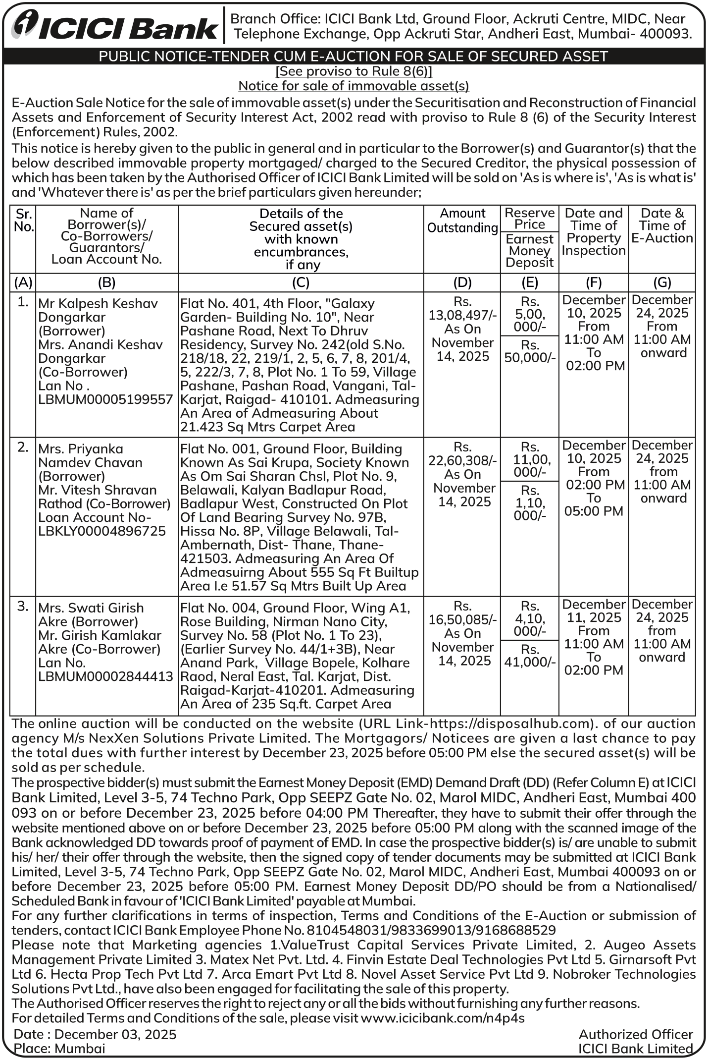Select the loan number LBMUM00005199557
(x=106, y=399)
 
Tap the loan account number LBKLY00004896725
(x=102, y=531)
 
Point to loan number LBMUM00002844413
(x=106, y=676)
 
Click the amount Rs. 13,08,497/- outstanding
(x=462, y=315)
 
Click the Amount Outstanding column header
(x=462, y=221)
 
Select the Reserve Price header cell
(x=530, y=219)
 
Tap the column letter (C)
(x=301, y=282)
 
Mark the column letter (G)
(x=662, y=282)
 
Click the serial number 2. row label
(x=23, y=447)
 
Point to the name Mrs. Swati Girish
(x=91, y=608)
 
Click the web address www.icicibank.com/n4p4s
(x=443, y=1018)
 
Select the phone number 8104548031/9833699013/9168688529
(x=431, y=930)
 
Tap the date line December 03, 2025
(x=115, y=1034)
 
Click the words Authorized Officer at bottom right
(x=636, y=1034)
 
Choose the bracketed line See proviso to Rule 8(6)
(x=354, y=71)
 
